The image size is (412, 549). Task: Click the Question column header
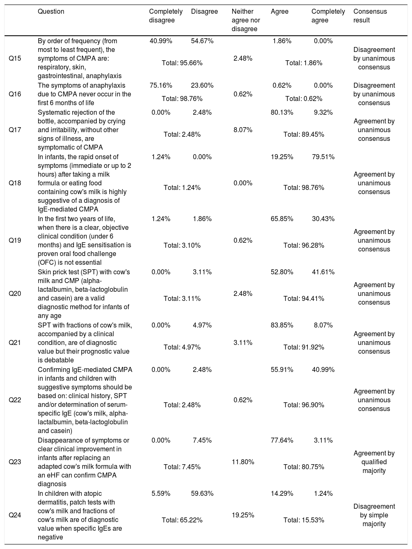(x=51, y=12)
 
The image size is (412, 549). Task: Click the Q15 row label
(x=15, y=59)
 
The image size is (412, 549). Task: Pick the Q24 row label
(x=15, y=515)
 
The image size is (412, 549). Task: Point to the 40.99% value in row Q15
(x=161, y=41)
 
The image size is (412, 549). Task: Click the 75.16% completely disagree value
(x=161, y=86)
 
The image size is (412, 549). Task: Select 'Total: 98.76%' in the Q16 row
(x=182, y=98)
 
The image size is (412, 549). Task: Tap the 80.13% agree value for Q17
(x=282, y=112)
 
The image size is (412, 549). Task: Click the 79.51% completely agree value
(x=323, y=157)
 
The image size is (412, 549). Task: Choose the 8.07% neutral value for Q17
(x=243, y=130)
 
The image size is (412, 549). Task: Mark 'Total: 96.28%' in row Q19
(x=304, y=245)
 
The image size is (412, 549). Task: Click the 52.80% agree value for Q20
(x=282, y=272)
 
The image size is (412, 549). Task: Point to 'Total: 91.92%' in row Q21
(x=304, y=347)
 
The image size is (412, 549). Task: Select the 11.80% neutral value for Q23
(x=243, y=462)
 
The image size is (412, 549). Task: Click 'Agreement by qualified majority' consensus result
(x=374, y=462)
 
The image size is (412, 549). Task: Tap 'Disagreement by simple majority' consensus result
(x=374, y=515)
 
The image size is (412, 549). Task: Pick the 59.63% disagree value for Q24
(x=202, y=493)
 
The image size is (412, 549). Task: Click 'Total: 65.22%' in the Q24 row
(x=182, y=520)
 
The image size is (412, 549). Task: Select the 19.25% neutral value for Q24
(x=243, y=515)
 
